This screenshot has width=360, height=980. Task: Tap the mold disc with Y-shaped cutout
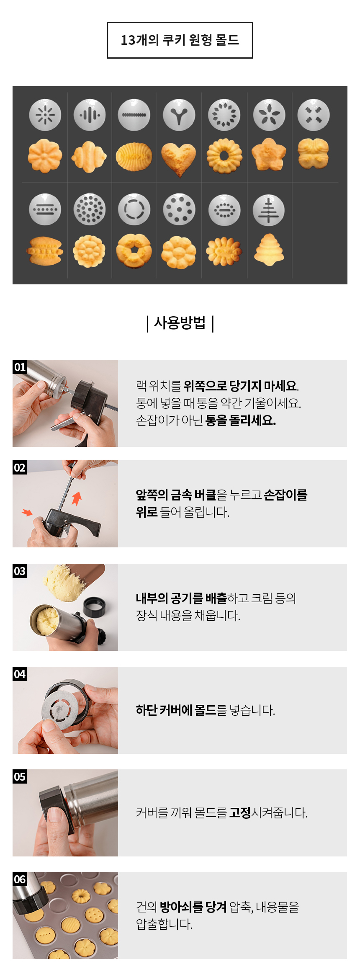[179, 115]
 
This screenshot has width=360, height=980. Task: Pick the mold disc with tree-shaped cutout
[269, 210]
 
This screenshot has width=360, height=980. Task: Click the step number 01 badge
[20, 367]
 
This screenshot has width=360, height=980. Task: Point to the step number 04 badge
[20, 674]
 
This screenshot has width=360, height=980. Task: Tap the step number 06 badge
[20, 879]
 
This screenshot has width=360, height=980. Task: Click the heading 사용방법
[180, 323]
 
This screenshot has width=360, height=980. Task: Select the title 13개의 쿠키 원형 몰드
[180, 40]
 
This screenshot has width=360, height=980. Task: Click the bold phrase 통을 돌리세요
[241, 420]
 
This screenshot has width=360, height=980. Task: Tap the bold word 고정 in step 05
[240, 813]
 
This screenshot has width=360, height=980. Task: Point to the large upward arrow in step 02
[77, 498]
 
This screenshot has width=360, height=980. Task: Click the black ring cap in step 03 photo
[94, 607]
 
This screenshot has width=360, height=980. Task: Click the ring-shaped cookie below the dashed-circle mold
[134, 251]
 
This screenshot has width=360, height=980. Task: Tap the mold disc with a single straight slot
[134, 115]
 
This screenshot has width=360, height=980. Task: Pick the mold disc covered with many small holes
[89, 209]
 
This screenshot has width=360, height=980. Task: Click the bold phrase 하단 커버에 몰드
[176, 710]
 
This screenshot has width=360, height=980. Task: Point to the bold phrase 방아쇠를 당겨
[193, 907]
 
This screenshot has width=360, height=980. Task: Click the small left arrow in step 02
[27, 512]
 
